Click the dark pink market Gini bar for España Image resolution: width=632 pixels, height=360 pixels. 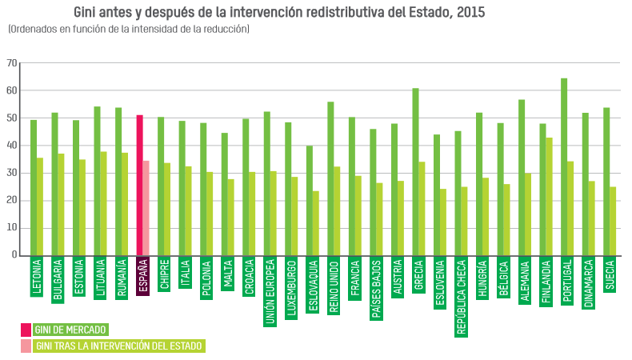pyautogui.click(x=140, y=185)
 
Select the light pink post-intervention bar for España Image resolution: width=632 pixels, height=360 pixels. pyautogui.click(x=146, y=208)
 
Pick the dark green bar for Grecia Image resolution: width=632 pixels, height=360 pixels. pyautogui.click(x=415, y=171)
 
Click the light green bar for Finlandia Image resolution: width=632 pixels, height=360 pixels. pyautogui.click(x=550, y=196)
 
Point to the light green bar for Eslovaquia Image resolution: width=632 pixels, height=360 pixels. pyautogui.click(x=316, y=223)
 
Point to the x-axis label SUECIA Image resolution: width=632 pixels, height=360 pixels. pyautogui.click(x=610, y=275)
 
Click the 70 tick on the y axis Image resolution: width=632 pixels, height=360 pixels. pyautogui.click(x=12, y=63)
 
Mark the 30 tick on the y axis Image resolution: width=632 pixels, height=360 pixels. pyautogui.click(x=12, y=173)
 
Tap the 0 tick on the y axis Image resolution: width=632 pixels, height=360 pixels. pyautogui.click(x=14, y=255)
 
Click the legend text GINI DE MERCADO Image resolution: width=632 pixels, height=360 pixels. pyautogui.click(x=70, y=330)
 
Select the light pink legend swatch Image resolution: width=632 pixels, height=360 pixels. pyautogui.click(x=26, y=346)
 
